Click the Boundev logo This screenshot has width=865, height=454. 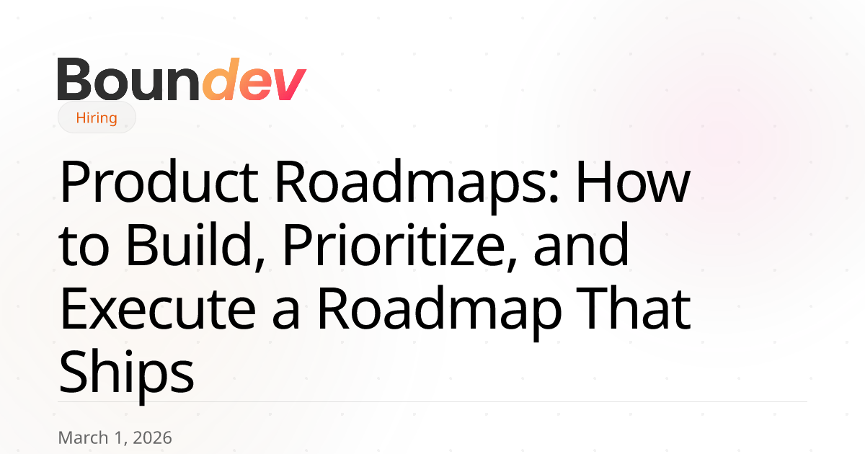[x=182, y=79]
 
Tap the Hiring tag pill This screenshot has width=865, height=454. [x=97, y=117]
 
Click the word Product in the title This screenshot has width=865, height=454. [x=159, y=181]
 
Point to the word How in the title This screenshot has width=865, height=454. [x=633, y=182]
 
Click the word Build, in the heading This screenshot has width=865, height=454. [x=195, y=246]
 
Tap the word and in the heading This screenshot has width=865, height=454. [x=581, y=245]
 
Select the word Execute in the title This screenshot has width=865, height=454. [x=158, y=309]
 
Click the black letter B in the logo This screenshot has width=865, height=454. [x=74, y=79]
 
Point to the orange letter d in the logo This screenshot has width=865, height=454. [x=221, y=79]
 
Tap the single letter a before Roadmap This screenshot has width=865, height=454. [x=285, y=314]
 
